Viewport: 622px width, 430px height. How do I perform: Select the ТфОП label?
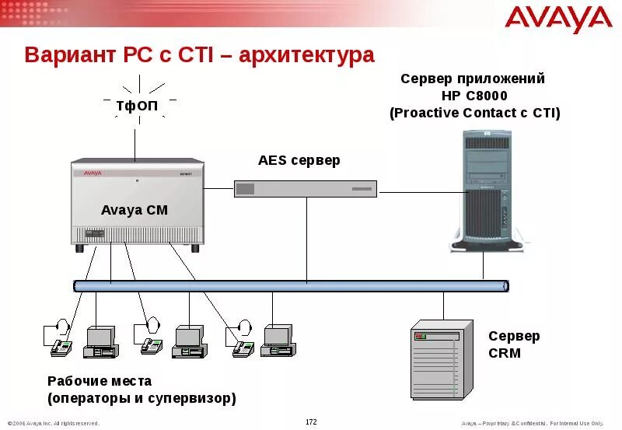click(138, 105)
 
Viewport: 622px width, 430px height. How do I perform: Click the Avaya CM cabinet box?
click(138, 204)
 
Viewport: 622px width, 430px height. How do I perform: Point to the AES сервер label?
click(299, 161)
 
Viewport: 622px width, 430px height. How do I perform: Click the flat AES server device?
click(306, 188)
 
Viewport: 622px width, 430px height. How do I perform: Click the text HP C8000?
click(474, 96)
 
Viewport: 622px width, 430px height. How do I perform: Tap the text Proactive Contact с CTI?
click(474, 113)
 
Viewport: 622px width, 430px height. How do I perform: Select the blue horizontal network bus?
click(292, 286)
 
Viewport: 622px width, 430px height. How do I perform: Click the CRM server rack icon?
click(441, 359)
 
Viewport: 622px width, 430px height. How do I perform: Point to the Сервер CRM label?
click(513, 344)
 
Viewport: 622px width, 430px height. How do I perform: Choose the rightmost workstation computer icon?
click(276, 340)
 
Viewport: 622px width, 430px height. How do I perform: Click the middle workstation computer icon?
click(187, 340)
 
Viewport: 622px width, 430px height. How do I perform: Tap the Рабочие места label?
click(100, 382)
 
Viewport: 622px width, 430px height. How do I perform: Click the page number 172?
click(311, 422)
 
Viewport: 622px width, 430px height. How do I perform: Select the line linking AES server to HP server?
click(420, 191)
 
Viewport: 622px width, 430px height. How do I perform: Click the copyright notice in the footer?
click(53, 423)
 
